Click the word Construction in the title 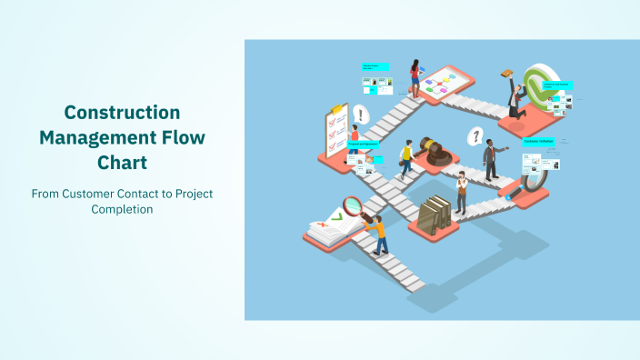[122, 113]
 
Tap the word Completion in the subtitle [122, 209]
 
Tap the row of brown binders [438, 213]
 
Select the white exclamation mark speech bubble [362, 115]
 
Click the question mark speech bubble [474, 137]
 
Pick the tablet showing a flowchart [444, 82]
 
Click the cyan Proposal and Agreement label [363, 145]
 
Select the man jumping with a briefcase [514, 94]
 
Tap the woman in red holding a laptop [415, 78]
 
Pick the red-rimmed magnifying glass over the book [352, 205]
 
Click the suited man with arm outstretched [491, 160]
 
